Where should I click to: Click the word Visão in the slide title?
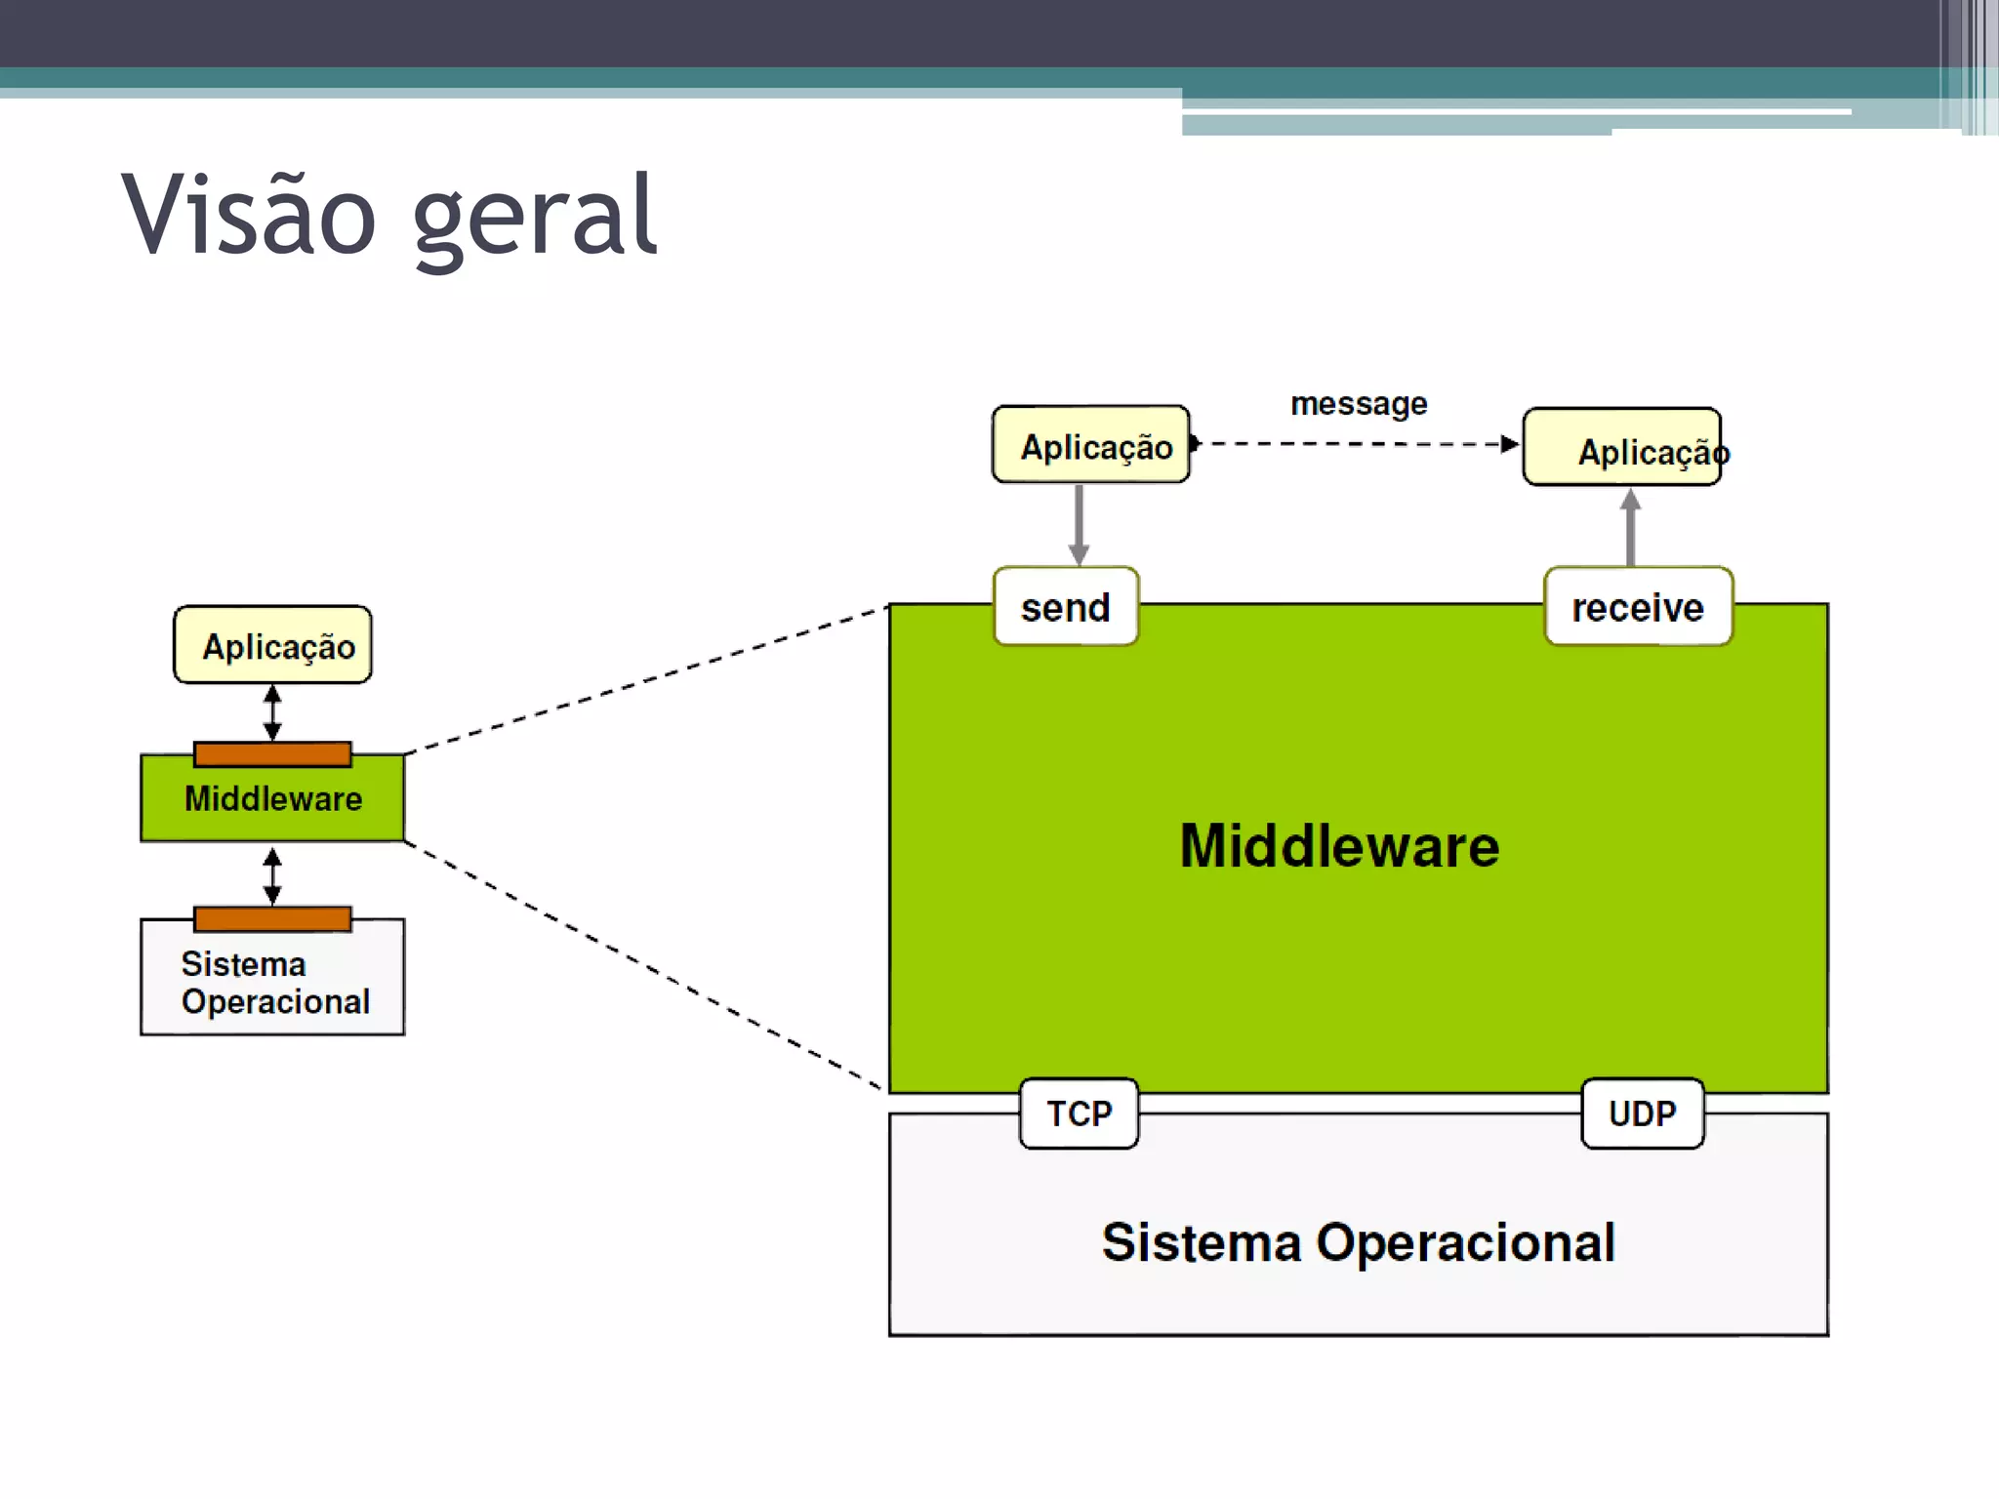click(x=249, y=215)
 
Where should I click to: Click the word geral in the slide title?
click(x=535, y=217)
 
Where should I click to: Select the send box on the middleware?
click(x=1066, y=607)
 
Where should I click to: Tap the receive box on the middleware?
click(x=1638, y=607)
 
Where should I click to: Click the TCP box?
click(x=1079, y=1114)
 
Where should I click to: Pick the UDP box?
click(x=1643, y=1114)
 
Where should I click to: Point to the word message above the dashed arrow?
click(x=1359, y=403)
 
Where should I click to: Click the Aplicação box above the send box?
click(x=1091, y=445)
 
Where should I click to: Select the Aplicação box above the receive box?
click(x=1622, y=447)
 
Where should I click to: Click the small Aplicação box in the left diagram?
click(x=273, y=645)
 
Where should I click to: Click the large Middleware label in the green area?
click(x=1339, y=845)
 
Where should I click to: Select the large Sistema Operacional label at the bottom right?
click(x=1359, y=1242)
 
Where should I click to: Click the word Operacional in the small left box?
click(x=276, y=1002)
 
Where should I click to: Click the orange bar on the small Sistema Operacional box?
click(x=273, y=918)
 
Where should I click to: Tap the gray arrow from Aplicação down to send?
click(x=1079, y=525)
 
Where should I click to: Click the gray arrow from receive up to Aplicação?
click(x=1630, y=527)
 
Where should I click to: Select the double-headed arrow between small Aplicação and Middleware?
click(x=273, y=712)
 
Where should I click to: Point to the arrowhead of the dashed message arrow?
click(x=1510, y=444)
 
